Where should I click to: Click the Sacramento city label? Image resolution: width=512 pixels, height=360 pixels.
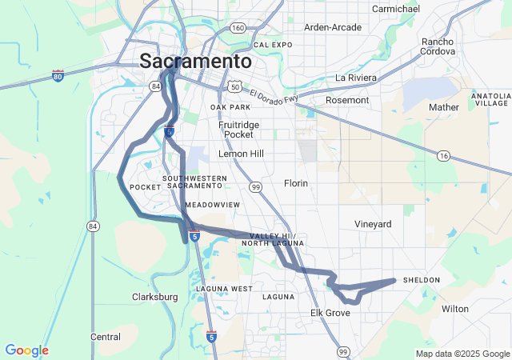click(196, 61)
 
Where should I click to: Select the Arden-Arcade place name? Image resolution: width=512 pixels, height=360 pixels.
click(333, 27)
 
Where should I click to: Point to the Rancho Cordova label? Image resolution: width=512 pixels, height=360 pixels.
click(438, 46)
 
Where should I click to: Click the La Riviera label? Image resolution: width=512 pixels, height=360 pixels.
click(355, 78)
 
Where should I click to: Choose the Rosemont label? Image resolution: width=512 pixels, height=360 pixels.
click(348, 100)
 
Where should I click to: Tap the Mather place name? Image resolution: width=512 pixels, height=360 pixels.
click(444, 106)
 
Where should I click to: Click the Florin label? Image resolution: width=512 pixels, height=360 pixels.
click(296, 183)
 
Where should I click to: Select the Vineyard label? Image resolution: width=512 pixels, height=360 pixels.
click(374, 225)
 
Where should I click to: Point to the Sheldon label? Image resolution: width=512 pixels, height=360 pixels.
click(422, 280)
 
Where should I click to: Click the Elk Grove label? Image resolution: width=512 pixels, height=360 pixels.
click(330, 313)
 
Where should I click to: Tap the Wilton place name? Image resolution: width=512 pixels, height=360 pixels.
click(454, 308)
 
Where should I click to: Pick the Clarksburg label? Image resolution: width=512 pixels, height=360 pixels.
click(154, 297)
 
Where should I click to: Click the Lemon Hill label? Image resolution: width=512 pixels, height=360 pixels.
click(240, 153)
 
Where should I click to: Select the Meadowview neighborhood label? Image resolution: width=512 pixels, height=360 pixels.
click(212, 205)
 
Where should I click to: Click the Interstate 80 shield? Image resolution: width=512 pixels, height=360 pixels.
click(58, 75)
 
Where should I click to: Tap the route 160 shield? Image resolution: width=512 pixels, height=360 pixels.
click(238, 28)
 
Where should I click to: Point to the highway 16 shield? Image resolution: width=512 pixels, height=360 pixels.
click(443, 155)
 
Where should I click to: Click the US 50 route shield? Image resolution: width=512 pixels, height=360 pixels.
click(234, 86)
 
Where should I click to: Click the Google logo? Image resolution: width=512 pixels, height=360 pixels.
click(26, 350)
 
